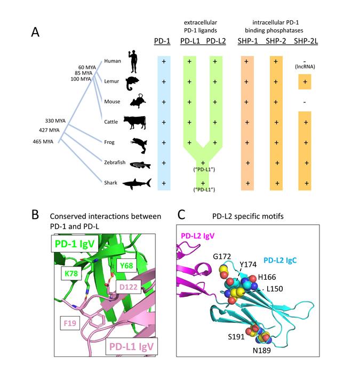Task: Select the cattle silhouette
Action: pyautogui.click(x=134, y=122)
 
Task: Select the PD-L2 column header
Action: pyautogui.click(x=215, y=42)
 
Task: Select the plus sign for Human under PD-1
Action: pyautogui.click(x=163, y=62)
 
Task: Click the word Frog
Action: pyautogui.click(x=110, y=142)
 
